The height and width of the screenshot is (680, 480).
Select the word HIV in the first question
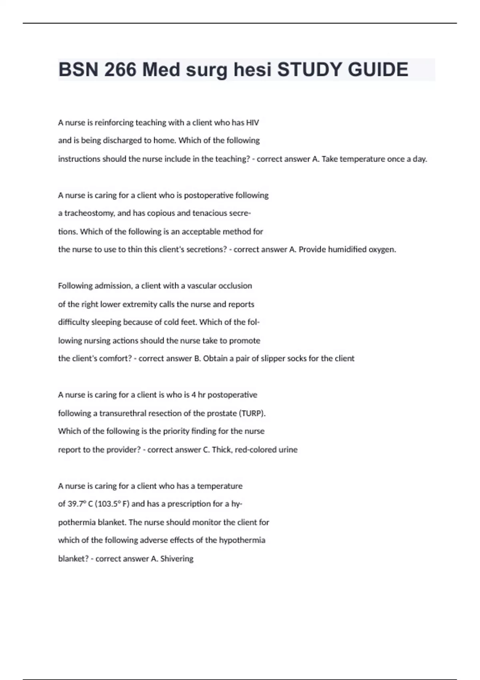click(252, 123)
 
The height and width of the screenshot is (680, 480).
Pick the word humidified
click(347, 250)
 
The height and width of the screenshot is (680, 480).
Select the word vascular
click(202, 286)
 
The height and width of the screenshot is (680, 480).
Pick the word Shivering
click(177, 559)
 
